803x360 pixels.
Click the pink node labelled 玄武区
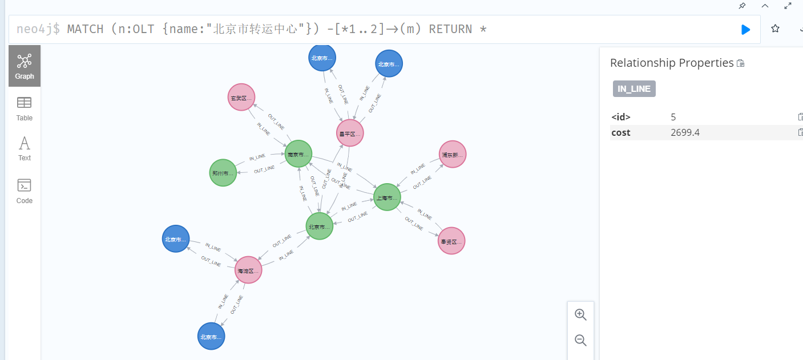click(x=241, y=98)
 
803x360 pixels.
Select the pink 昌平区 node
click(x=350, y=134)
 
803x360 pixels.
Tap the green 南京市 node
click(x=298, y=154)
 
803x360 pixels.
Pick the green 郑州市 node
click(x=223, y=173)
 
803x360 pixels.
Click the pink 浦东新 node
click(x=453, y=155)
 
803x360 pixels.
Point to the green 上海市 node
click(x=387, y=197)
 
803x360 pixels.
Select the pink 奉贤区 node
click(x=451, y=241)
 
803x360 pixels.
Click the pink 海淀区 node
click(x=248, y=270)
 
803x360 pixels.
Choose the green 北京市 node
click(x=319, y=226)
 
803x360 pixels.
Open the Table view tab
click(x=25, y=108)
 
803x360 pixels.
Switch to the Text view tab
click(x=25, y=148)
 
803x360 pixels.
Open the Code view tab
click(x=25, y=191)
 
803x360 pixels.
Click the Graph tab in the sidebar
click(x=25, y=66)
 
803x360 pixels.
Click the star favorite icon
click(x=775, y=29)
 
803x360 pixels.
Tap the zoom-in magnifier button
click(x=580, y=314)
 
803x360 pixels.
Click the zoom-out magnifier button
click(x=580, y=341)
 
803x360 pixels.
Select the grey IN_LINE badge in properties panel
click(x=634, y=89)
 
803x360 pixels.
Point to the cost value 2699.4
click(x=685, y=133)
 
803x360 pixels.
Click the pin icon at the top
click(x=742, y=6)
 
